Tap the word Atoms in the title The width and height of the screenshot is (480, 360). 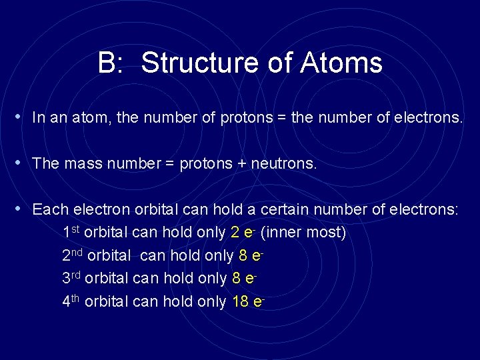(x=341, y=63)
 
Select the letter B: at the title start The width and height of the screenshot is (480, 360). (x=113, y=63)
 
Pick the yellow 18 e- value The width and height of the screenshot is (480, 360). (x=249, y=301)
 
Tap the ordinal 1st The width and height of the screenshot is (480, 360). (x=71, y=233)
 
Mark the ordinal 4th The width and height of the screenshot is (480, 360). (x=71, y=301)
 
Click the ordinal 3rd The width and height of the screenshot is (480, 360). (x=72, y=278)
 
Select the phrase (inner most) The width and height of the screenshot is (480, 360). (x=303, y=233)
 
